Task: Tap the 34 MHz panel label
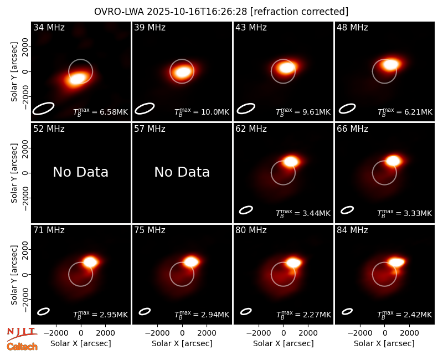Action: click(49, 27)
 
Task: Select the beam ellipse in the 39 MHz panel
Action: click(145, 109)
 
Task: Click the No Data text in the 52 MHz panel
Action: click(80, 172)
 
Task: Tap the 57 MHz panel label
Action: click(150, 129)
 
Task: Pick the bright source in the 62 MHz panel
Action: click(290, 162)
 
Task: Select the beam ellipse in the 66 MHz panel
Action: click(347, 210)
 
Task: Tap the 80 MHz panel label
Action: click(251, 230)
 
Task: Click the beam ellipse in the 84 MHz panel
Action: click(347, 311)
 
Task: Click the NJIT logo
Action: click(22, 333)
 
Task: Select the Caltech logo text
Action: click(22, 347)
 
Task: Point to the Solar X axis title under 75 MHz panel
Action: click(182, 343)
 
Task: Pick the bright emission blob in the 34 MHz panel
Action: click(77, 79)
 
